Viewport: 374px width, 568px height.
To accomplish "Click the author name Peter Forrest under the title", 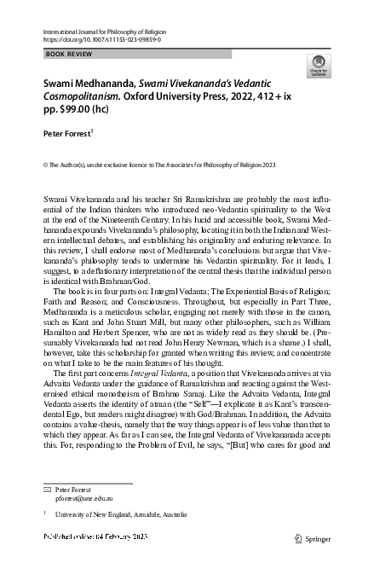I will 66,134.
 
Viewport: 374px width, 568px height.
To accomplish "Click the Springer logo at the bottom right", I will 311,538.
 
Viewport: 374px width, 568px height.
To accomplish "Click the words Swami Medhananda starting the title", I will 90,84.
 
